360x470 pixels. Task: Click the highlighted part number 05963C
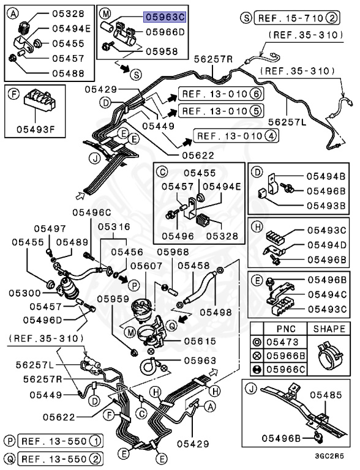165,17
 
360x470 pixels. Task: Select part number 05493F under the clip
36,130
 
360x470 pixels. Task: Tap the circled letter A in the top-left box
13,13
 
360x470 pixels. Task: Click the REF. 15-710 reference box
297,18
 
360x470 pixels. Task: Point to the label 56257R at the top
213,59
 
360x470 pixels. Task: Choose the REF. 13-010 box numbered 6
221,94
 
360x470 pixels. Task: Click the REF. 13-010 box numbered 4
236,136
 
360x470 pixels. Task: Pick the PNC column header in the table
285,329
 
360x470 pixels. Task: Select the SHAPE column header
329,329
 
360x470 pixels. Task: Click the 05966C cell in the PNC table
285,369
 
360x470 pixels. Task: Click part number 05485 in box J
326,395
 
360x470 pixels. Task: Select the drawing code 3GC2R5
329,456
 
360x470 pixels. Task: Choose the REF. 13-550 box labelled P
60,441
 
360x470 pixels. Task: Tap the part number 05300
24,293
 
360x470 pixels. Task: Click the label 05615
200,341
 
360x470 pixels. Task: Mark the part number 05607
146,266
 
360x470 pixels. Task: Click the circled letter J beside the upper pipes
96,158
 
